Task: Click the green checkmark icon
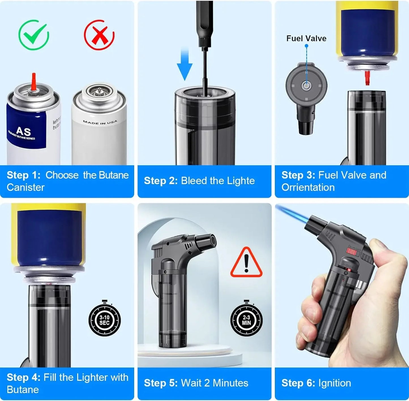click(34, 35)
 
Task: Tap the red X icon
click(99, 35)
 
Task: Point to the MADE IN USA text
click(100, 122)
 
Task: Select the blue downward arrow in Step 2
click(185, 65)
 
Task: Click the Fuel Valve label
click(306, 39)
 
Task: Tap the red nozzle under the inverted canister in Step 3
click(367, 78)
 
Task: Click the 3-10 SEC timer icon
click(104, 320)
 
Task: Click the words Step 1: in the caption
click(24, 175)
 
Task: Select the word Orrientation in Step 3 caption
click(308, 187)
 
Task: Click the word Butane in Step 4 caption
click(23, 389)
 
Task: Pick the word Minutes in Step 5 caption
click(230, 383)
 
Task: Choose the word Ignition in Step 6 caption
click(335, 383)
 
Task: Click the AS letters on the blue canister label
click(23, 131)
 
